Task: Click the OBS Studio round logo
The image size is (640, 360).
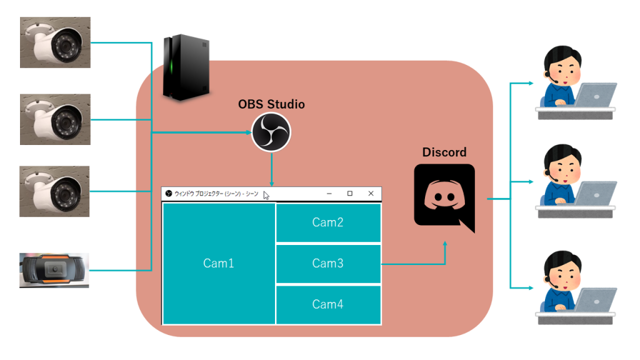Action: (271, 132)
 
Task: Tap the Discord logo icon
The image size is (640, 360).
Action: (444, 197)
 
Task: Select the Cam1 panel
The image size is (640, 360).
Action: (219, 263)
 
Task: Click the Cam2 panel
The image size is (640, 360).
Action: (328, 222)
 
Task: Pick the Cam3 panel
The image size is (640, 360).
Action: (328, 263)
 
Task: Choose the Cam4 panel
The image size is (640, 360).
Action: (328, 304)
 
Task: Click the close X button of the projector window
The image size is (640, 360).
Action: (371, 194)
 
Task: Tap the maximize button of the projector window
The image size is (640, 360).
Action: (350, 194)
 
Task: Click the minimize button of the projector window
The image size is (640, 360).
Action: (329, 194)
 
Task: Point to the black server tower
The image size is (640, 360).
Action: (186, 67)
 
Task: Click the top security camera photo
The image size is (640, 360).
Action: (55, 42)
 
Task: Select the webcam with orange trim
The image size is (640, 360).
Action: (54, 270)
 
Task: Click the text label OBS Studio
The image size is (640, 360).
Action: (271, 104)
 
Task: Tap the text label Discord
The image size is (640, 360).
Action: (444, 152)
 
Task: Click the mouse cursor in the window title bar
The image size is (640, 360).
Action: (266, 196)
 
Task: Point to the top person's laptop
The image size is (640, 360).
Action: (596, 95)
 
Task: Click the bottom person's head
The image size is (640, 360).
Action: (563, 269)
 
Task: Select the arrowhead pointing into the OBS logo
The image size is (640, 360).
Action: (249, 132)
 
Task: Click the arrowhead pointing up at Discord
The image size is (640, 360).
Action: (445, 244)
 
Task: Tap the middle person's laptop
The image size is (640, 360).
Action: (596, 193)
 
